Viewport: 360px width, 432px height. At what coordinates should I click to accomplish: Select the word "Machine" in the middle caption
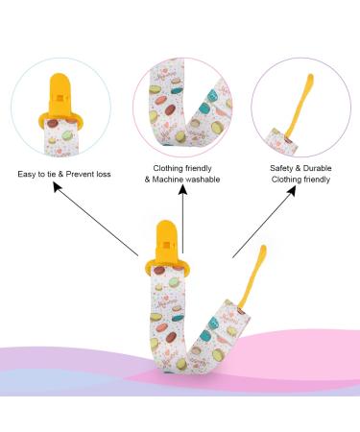coord(168,179)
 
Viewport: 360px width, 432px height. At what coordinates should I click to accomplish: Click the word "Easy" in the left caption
coord(28,174)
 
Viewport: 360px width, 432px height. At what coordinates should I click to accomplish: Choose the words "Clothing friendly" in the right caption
coord(300,179)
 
